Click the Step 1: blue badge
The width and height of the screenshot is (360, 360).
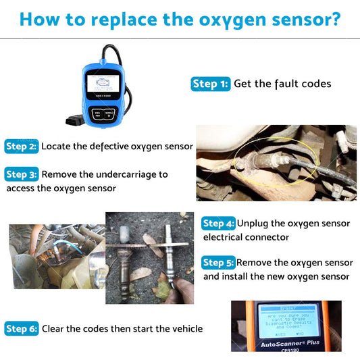(x=211, y=84)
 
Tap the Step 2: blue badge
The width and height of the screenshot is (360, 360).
(x=22, y=146)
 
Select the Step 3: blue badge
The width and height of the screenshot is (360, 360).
(x=22, y=174)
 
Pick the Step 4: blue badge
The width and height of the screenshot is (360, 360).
(x=219, y=224)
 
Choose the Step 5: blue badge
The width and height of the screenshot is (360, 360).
(x=219, y=263)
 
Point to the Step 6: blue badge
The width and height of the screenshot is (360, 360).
(x=22, y=329)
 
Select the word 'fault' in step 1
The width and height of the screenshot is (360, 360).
(x=287, y=84)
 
